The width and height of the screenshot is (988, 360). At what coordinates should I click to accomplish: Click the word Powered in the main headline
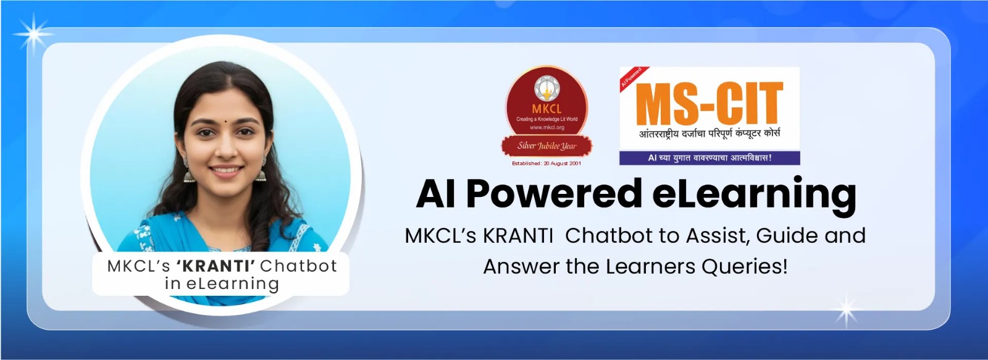(x=553, y=195)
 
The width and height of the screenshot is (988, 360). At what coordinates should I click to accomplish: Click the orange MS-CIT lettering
(x=710, y=104)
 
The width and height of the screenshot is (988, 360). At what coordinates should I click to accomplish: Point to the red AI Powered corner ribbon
(x=632, y=77)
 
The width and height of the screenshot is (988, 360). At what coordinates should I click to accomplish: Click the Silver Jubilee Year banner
(x=547, y=146)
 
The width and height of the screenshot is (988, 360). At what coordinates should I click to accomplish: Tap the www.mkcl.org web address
(x=547, y=127)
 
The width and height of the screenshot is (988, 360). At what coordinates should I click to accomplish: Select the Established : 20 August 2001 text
(x=546, y=163)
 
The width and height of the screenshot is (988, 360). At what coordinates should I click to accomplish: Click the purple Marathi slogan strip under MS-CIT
(x=710, y=158)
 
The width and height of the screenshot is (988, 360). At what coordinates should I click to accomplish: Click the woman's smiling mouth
(x=226, y=169)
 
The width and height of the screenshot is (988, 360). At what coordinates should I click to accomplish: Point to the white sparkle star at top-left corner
(x=33, y=34)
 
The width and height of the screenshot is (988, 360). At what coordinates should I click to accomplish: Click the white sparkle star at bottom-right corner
(x=847, y=311)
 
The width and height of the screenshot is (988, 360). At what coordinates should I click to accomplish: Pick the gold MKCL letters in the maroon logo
(x=546, y=109)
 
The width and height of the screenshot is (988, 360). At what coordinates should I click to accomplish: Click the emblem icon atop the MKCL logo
(x=547, y=88)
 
